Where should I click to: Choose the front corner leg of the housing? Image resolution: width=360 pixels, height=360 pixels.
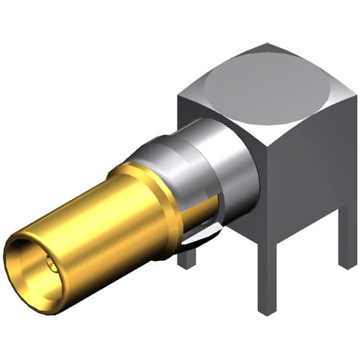267,276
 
